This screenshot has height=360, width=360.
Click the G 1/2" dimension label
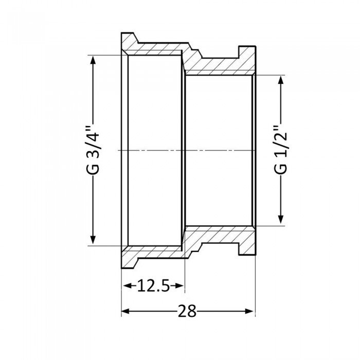point(281,150)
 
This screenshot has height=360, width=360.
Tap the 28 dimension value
point(188,311)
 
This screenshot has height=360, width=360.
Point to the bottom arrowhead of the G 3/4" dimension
point(93,241)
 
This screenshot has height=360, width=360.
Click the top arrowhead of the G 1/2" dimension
point(281,80)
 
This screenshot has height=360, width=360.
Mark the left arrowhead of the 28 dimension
point(125,311)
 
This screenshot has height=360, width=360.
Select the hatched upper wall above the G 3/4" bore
point(154,47)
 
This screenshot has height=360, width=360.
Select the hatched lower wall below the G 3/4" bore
point(154,254)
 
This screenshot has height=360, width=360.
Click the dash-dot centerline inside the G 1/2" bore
point(219,150)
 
